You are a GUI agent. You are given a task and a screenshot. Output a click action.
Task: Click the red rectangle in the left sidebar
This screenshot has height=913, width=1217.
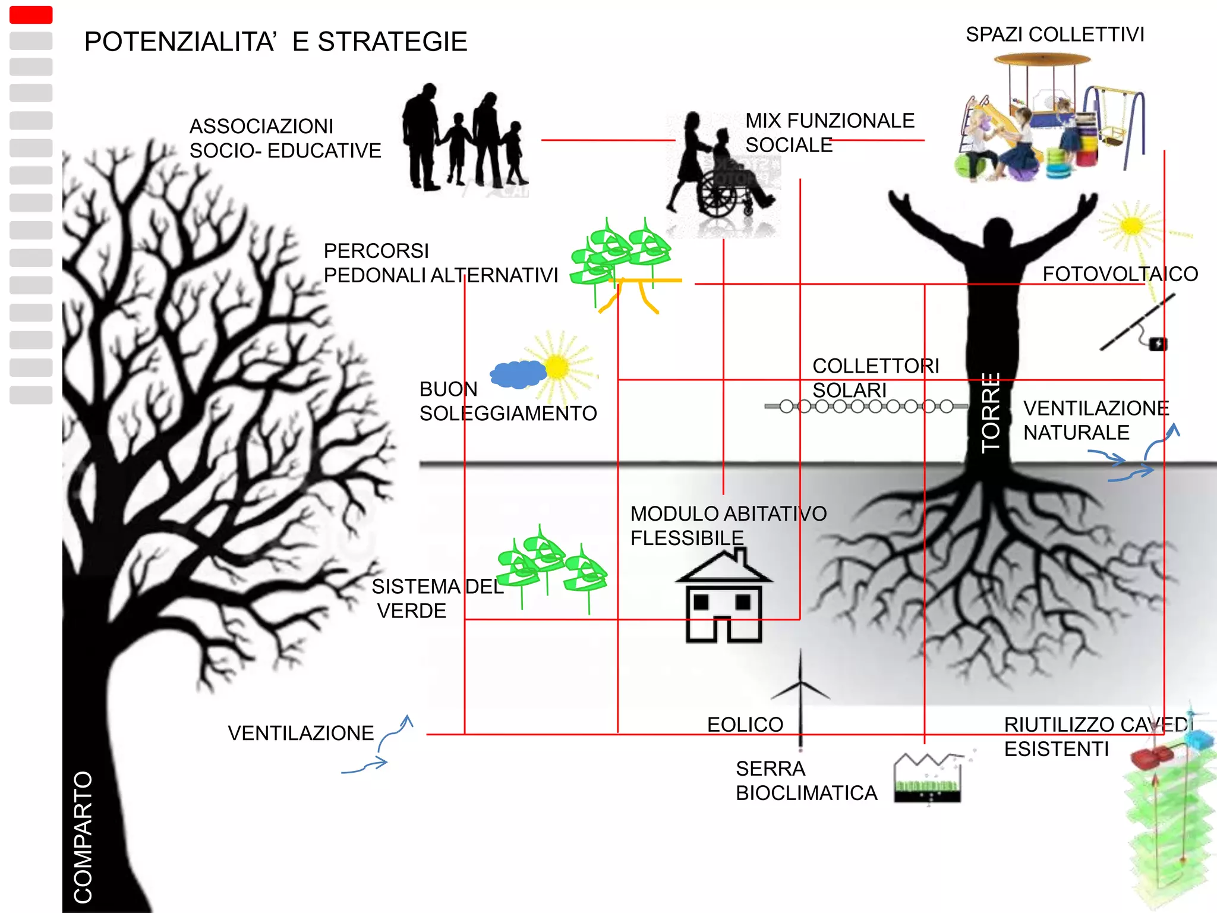coord(31,15)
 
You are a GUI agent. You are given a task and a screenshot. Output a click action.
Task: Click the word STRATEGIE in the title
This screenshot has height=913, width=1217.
coord(392,42)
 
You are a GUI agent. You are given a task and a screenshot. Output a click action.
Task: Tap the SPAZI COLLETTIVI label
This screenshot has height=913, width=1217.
coord(1055,34)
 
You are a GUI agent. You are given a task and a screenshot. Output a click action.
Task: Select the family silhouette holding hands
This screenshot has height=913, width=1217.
coord(464,140)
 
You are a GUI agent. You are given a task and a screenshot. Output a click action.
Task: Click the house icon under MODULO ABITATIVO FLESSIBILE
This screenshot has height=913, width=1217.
coord(724,597)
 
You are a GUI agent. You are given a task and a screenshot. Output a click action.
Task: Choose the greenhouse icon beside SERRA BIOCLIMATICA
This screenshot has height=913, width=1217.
coord(927,779)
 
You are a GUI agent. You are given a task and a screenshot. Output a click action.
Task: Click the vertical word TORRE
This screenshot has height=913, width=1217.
coord(991,413)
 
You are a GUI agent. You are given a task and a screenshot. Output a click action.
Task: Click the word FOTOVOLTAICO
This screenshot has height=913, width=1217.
coord(1120,274)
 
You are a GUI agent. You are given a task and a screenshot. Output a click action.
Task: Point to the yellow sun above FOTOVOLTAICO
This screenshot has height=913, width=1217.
coord(1131,226)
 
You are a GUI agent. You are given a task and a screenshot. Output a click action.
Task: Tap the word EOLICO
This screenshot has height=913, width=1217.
coord(745,725)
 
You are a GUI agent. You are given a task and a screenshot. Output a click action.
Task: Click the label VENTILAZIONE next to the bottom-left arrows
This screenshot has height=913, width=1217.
coord(301,733)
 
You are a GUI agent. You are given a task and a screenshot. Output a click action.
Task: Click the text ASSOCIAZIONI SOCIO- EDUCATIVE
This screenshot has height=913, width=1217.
coord(285,138)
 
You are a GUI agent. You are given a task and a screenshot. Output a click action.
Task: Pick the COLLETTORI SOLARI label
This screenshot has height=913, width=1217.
coord(875,378)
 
